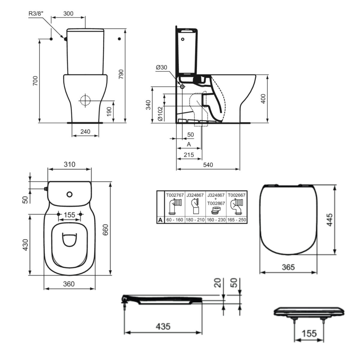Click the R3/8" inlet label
coord(36,13)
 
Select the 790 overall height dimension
coord(121,74)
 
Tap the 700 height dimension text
coord(35,81)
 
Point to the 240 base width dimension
coord(85,131)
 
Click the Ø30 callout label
coord(161,67)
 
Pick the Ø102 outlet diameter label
coord(160,114)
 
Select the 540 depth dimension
coord(208,165)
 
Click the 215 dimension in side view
coord(189,155)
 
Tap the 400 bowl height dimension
coord(263,99)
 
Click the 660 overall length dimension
coord(105,230)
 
